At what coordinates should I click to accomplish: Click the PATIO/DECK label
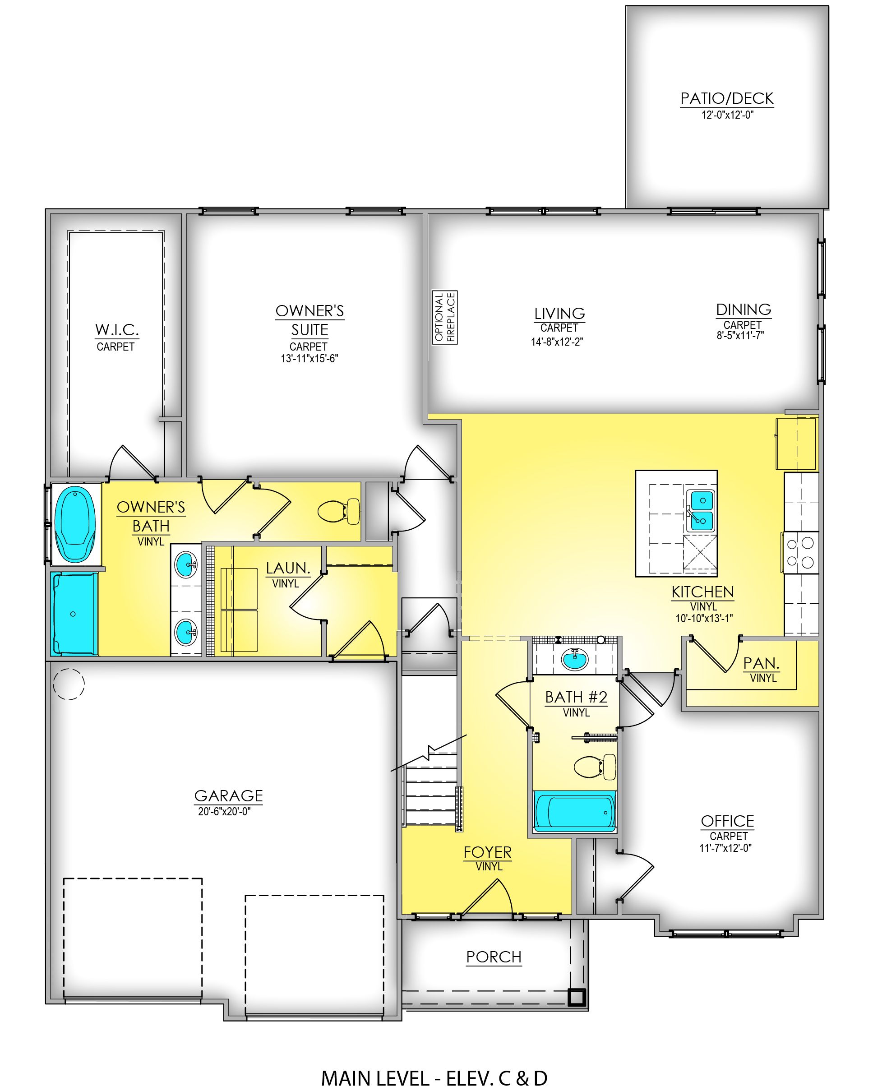click(727, 98)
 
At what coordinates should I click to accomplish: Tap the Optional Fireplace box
click(445, 317)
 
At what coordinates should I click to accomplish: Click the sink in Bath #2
click(574, 659)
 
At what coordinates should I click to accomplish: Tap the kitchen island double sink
click(702, 510)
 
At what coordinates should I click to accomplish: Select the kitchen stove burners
click(800, 552)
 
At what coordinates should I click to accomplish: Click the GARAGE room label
click(229, 796)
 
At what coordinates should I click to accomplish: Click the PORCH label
click(494, 957)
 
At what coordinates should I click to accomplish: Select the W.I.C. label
click(117, 330)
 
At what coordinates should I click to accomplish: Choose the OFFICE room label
click(727, 821)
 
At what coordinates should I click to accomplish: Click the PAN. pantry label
click(761, 663)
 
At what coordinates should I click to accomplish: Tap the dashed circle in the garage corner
click(69, 684)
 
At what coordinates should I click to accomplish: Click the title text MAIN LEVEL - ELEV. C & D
click(434, 1076)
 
